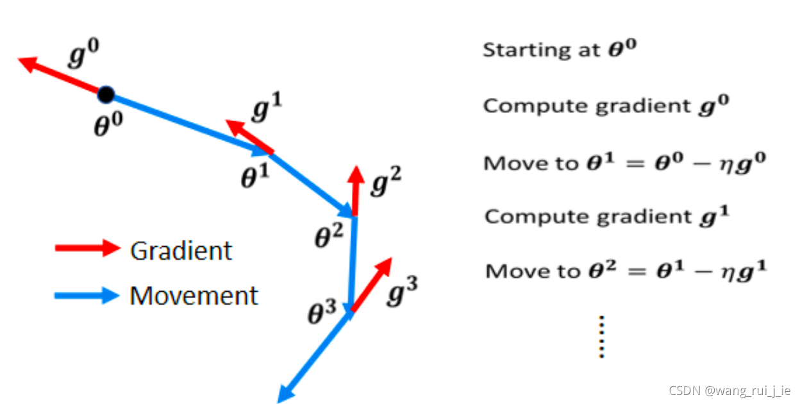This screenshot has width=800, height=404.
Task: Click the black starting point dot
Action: [x=106, y=96]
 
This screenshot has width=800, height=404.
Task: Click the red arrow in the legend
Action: [x=87, y=249]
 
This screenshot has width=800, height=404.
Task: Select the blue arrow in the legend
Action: [x=87, y=296]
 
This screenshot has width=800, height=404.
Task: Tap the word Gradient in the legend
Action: [x=181, y=250]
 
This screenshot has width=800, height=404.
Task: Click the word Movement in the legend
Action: [x=194, y=296]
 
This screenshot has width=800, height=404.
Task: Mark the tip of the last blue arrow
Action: [x=281, y=400]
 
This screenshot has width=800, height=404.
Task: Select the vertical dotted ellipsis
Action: [x=601, y=337]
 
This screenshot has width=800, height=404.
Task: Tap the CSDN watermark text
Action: [x=729, y=390]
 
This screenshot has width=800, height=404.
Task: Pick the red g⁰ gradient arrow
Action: [x=62, y=77]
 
